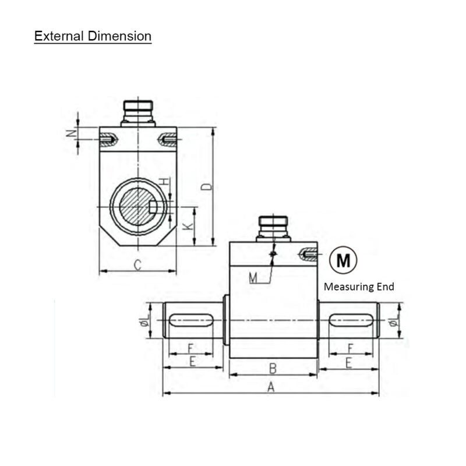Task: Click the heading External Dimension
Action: coord(93,36)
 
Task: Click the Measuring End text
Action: coord(358,287)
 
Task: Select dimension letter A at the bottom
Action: coord(270,386)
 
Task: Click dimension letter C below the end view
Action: coord(137,265)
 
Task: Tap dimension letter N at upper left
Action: coord(71,133)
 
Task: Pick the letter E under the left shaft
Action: coord(192,362)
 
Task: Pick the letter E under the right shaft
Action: coord(348,362)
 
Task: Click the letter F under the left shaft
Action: coord(190,348)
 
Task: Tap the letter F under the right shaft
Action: coord(349,348)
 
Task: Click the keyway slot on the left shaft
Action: coord(192,320)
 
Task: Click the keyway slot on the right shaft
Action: coord(351,320)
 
